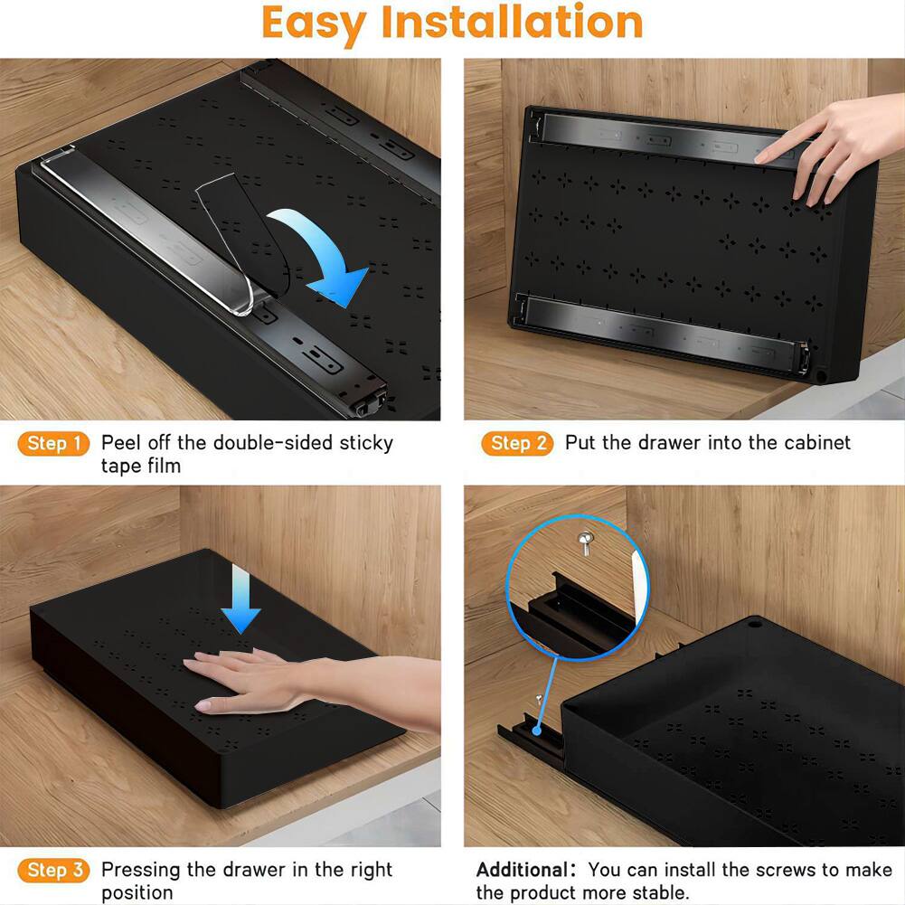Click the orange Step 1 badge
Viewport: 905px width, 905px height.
point(53,443)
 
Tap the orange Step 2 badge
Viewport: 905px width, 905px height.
point(518,443)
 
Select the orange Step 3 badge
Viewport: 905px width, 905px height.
point(53,871)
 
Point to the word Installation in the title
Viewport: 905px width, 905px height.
point(512,24)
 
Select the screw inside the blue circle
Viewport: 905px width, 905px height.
point(584,542)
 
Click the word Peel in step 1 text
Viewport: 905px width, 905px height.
point(121,443)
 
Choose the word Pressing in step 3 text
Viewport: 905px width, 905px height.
point(140,870)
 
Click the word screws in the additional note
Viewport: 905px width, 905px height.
point(781,870)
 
